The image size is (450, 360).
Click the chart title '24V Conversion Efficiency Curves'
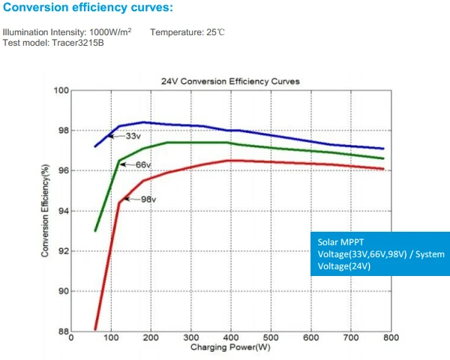pos(230,80)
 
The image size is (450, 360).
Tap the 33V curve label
pos(133,136)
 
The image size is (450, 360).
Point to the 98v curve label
pos(148,199)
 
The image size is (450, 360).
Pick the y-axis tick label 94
pos(64,211)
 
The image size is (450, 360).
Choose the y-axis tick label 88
pos(64,331)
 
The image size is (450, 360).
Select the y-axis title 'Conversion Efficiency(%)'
pos(46,211)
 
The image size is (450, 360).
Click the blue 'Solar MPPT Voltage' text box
pos(379,254)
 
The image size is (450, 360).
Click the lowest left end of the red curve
pos(95,328)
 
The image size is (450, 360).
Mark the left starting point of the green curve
pos(95,230)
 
